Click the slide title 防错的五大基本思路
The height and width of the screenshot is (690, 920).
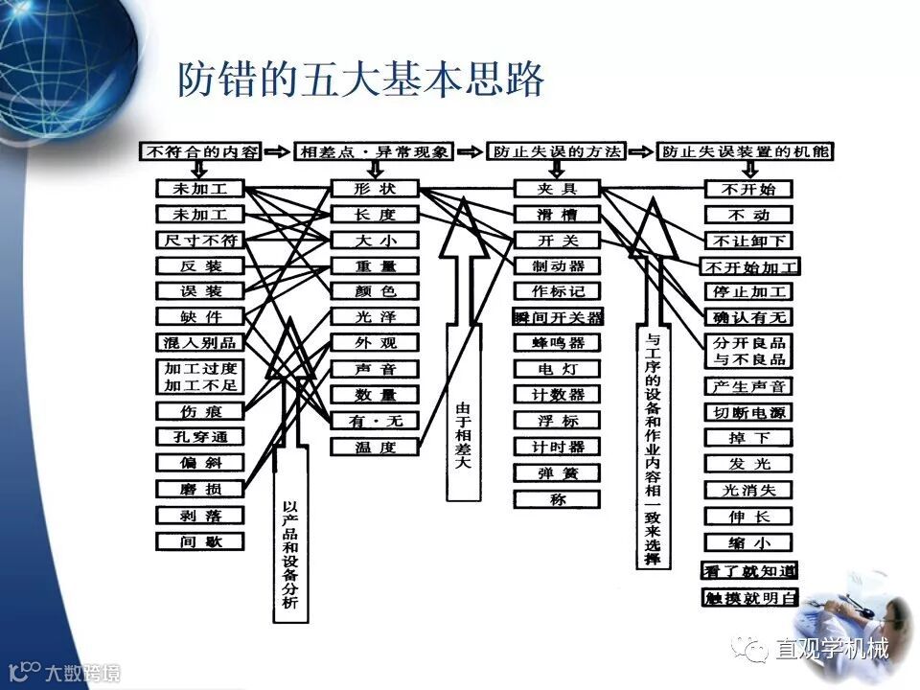coord(360,81)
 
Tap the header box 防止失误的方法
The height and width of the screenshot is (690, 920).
coord(556,151)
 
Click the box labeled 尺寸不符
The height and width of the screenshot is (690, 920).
coord(200,240)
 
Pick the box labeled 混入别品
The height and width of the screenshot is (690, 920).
coord(200,342)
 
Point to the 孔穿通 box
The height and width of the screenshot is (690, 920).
coord(200,436)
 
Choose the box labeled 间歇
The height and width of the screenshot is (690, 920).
coord(200,541)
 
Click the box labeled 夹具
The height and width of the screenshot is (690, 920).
coord(557,188)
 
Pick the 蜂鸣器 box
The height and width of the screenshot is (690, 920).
coord(557,342)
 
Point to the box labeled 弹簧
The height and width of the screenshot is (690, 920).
coord(557,472)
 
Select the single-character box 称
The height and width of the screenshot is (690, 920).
coord(557,498)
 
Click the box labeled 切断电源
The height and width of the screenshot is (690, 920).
coord(748,412)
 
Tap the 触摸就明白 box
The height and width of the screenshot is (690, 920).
coord(748,597)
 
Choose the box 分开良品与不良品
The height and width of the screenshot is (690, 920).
coord(748,350)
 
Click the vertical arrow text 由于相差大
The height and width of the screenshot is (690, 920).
coord(462,436)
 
